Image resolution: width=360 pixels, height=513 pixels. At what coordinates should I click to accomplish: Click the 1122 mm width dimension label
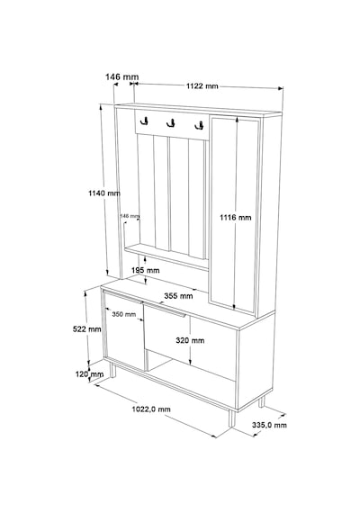coord(202,86)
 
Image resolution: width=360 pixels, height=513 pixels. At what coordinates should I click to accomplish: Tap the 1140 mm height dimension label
coord(104,193)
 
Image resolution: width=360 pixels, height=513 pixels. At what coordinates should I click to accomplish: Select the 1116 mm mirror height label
coord(235,217)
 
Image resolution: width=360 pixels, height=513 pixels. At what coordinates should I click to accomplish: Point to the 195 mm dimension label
coord(145,270)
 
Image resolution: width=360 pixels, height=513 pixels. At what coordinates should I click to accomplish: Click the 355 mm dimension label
coord(178,296)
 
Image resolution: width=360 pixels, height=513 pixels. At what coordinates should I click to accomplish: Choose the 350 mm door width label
coord(123,314)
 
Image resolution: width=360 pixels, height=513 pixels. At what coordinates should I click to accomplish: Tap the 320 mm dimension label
coord(190,340)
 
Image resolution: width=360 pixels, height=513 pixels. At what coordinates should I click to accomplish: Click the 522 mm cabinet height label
coord(86,328)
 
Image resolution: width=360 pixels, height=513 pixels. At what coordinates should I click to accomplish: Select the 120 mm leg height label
coord(89,374)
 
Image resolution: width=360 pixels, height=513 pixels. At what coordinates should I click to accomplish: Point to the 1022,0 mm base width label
coord(151,409)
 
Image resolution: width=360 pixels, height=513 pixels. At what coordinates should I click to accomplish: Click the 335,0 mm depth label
coord(269,425)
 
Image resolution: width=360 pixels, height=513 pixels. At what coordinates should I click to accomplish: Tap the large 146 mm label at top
coord(121,76)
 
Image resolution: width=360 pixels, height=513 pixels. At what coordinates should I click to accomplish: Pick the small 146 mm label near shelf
coord(130,216)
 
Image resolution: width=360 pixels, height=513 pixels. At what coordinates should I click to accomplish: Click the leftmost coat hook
coord(144,121)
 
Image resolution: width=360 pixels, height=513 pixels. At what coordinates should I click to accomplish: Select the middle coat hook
coord(170,123)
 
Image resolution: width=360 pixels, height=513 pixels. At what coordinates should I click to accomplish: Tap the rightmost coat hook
coord(199,125)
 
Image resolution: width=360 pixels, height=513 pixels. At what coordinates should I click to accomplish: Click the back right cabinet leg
coord(262,401)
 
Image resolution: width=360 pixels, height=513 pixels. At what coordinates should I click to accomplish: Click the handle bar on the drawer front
coord(165,310)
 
